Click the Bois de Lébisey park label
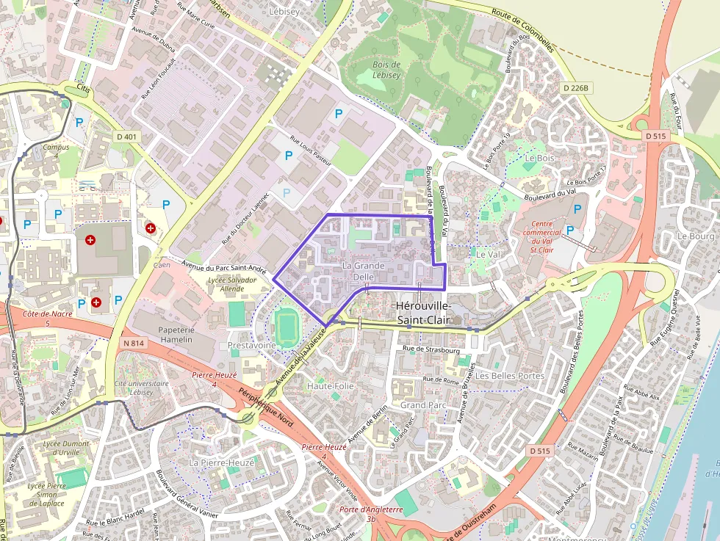point(387,70)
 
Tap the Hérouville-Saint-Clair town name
point(424,313)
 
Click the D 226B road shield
point(575,88)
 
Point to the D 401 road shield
point(126,137)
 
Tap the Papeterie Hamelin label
point(175,335)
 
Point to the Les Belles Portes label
point(510,376)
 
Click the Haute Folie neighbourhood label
point(331,386)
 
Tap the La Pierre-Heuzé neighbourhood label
point(221,463)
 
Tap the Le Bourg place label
point(696,236)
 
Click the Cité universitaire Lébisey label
point(141,388)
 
